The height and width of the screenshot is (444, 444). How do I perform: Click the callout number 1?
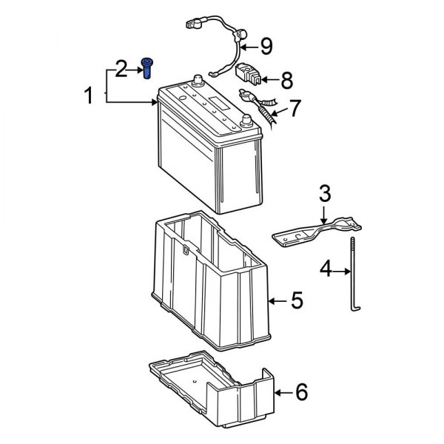pos(89,95)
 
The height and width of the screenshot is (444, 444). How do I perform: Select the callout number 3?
pos(324,195)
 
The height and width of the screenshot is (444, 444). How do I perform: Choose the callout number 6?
pos(300,392)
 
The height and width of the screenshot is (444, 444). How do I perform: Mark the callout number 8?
pos(287,78)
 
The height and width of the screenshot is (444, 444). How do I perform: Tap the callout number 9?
pos(266,47)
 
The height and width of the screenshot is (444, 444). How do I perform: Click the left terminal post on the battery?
pos(198,81)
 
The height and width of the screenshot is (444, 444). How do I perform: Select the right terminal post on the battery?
pos(246,120)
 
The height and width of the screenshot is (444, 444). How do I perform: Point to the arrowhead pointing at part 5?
pos(272,301)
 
